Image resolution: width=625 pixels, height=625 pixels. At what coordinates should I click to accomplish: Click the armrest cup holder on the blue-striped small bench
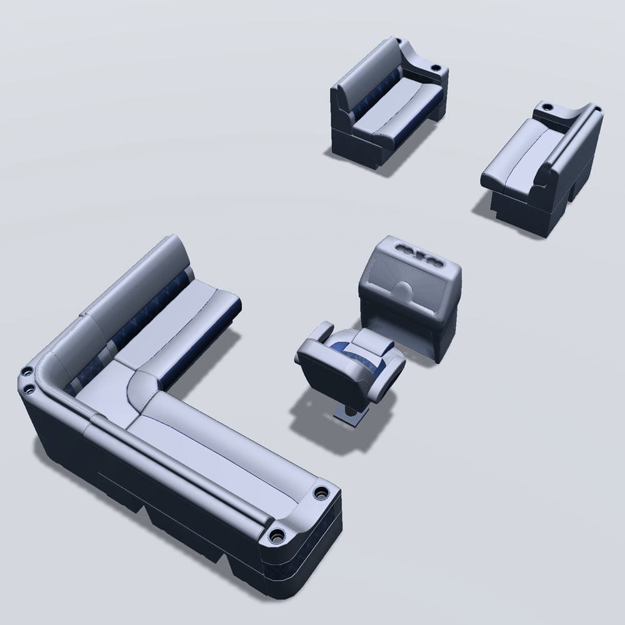(x=436, y=66)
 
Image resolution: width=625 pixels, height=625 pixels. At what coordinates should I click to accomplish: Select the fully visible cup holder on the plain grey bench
(x=549, y=107)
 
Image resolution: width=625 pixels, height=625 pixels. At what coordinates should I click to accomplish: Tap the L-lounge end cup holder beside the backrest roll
(x=276, y=536)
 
